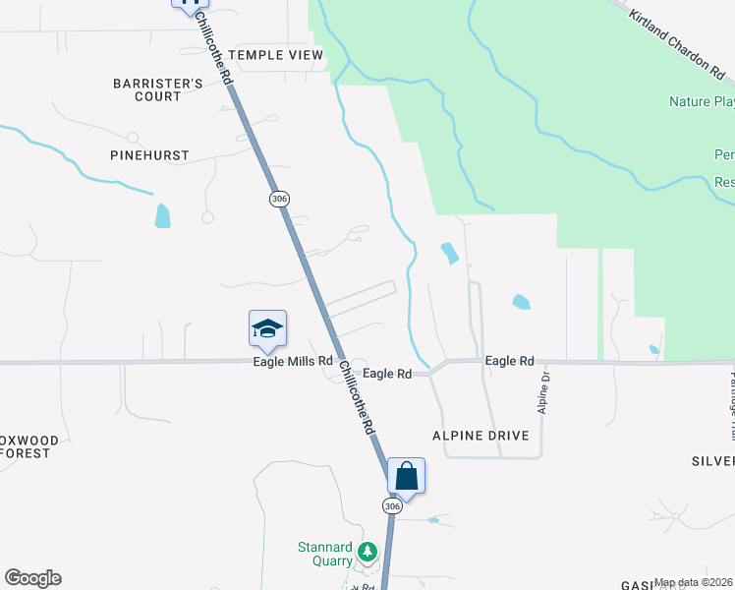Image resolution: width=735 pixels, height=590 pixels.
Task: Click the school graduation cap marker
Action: tap(267, 329)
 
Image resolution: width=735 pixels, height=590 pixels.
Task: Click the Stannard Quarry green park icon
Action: tap(367, 552)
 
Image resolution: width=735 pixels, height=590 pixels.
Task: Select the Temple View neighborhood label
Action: tap(275, 55)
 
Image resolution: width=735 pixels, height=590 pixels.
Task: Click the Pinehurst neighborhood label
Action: tap(150, 155)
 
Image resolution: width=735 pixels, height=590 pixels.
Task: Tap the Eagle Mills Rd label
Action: tap(293, 362)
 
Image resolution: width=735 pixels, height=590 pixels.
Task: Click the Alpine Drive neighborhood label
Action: tap(481, 435)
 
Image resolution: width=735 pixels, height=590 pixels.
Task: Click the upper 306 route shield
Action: tap(278, 199)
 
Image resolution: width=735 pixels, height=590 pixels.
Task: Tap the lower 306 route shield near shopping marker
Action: tap(392, 505)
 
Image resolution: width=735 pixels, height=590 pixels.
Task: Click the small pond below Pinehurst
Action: tap(162, 215)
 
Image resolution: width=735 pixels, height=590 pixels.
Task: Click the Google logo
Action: tap(32, 578)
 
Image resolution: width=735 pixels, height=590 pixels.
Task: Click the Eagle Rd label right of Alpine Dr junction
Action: tap(509, 361)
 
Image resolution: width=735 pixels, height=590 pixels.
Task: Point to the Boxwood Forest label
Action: tap(29, 446)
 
